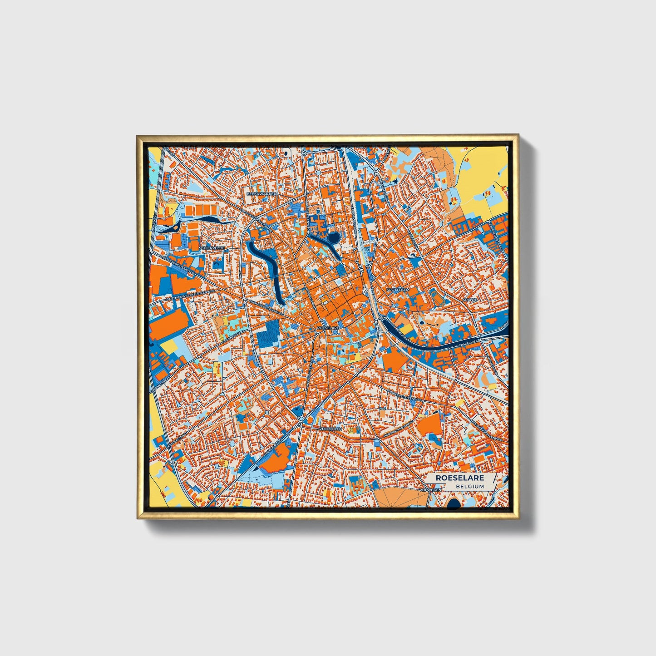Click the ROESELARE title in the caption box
(459, 478)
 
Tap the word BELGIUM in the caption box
(470, 486)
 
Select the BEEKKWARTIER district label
(261, 193)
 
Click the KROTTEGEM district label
(398, 289)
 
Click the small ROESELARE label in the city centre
(328, 328)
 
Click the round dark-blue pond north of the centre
(334, 237)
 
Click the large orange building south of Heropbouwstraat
(429, 426)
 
